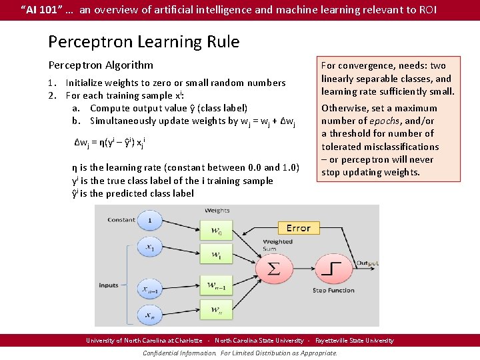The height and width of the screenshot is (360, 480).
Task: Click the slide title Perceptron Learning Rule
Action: (x=143, y=42)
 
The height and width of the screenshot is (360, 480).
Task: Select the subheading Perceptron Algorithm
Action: (x=101, y=65)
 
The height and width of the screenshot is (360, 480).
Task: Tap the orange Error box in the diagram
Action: (x=298, y=228)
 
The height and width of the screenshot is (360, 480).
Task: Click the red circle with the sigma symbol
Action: (x=273, y=269)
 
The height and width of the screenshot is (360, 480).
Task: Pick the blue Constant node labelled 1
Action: (x=150, y=221)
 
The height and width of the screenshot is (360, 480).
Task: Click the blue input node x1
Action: (x=150, y=247)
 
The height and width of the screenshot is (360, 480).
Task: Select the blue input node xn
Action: (x=150, y=313)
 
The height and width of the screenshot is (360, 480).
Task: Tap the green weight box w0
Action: (x=216, y=231)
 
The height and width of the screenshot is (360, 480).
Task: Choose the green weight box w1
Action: (x=216, y=255)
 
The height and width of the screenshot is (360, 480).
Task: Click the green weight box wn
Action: (x=216, y=309)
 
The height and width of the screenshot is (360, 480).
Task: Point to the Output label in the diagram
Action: (x=367, y=263)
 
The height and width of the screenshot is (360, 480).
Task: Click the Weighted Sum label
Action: (x=277, y=245)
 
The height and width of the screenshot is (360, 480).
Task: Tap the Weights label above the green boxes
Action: (x=217, y=211)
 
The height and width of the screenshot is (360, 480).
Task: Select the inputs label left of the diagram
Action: (x=109, y=285)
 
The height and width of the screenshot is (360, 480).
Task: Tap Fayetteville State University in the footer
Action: (x=354, y=341)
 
